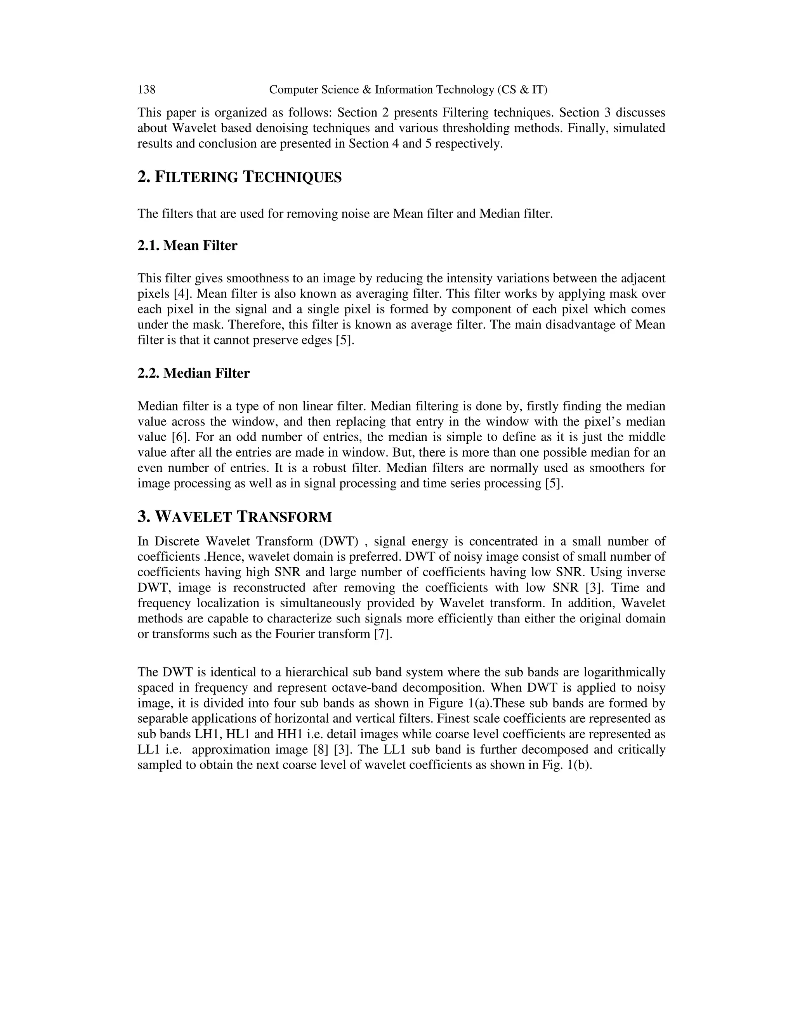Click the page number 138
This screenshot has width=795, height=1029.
(x=146, y=90)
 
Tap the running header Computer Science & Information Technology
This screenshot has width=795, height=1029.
(x=408, y=90)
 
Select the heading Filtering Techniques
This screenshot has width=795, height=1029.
(x=239, y=177)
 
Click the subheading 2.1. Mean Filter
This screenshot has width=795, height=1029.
(x=187, y=245)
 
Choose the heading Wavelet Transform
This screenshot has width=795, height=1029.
(x=234, y=517)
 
